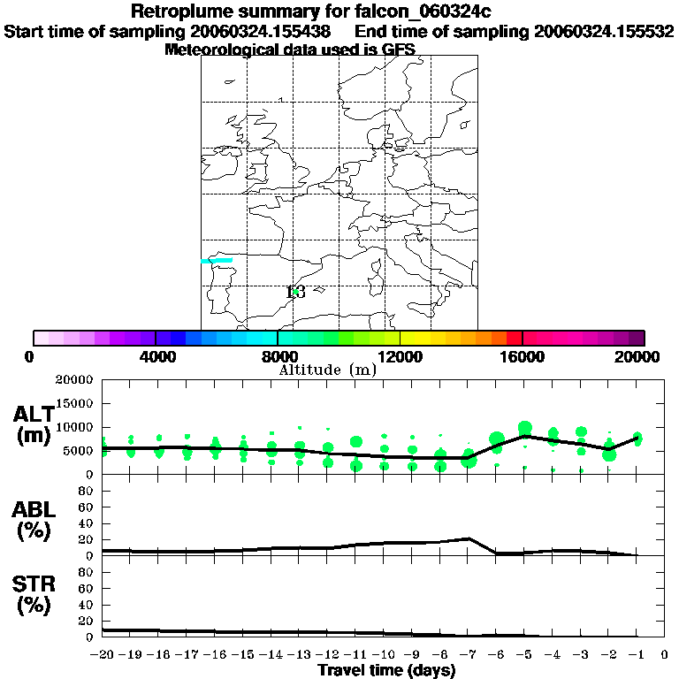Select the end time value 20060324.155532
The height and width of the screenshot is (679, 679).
pos(604,31)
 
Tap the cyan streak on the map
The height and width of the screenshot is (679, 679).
pos(217,260)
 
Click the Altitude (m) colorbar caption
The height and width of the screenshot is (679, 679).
pos(327,370)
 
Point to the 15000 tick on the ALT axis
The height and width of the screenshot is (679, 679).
pos(77,403)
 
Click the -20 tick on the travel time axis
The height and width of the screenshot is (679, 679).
pos(103,655)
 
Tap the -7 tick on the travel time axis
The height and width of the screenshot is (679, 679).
pos(468,655)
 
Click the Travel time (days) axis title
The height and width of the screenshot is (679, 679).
pos(386,671)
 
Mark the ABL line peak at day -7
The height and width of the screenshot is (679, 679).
pos(468,538)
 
